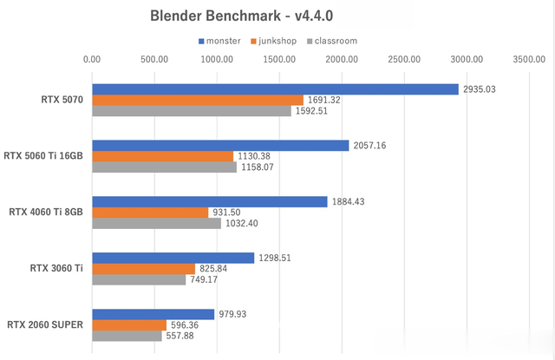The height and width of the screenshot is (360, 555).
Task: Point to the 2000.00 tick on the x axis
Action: coord(342,60)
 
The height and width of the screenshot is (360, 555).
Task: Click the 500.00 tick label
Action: coord(153,60)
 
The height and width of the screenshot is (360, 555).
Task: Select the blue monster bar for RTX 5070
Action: coord(275,88)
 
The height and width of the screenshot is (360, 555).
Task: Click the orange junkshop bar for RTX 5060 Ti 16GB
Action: coord(162,156)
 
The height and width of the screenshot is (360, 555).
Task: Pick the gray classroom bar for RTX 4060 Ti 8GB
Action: coord(156,224)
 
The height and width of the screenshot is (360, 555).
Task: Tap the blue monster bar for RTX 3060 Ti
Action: coord(173,258)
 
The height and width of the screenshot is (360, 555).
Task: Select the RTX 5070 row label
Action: coord(62,100)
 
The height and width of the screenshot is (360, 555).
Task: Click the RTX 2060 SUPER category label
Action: coord(45,325)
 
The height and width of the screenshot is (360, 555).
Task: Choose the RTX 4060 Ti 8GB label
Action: coord(46,213)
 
